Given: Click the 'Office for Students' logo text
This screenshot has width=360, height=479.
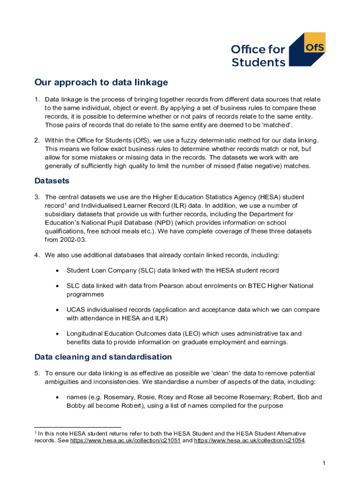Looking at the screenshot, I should [259, 56].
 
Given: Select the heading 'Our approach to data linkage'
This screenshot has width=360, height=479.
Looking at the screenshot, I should [101, 83].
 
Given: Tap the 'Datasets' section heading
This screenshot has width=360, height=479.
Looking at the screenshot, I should [51, 181].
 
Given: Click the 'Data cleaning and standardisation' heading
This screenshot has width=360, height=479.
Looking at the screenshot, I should [103, 357].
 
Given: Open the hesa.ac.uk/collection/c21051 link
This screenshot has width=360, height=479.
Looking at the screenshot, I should [125, 441].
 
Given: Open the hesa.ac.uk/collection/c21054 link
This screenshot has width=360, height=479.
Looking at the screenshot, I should [250, 441].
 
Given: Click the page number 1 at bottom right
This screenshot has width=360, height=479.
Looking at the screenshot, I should [324, 463].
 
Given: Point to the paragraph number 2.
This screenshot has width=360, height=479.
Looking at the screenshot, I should [37, 141].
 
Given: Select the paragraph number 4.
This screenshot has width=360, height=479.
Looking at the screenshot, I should [37, 255].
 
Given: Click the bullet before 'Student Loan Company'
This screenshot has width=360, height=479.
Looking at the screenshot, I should [57, 270].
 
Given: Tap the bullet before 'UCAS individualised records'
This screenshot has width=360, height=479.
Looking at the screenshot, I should [57, 310].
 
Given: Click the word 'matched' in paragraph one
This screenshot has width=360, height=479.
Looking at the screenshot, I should [279, 125].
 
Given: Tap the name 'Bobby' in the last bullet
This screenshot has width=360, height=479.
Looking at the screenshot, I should [76, 406].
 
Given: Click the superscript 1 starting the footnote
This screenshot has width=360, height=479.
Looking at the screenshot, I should [36, 432].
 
